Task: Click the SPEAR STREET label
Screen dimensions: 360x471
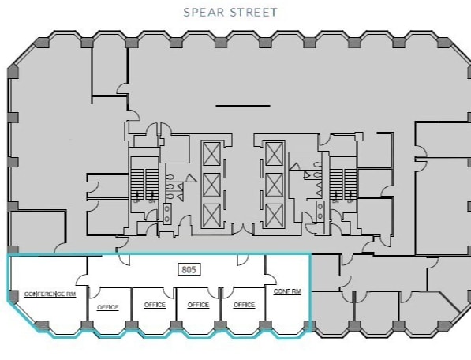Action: click(x=231, y=13)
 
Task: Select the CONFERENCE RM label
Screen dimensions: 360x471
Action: click(x=50, y=294)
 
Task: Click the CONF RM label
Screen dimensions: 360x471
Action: click(x=286, y=291)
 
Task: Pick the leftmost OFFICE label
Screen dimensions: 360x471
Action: click(x=107, y=306)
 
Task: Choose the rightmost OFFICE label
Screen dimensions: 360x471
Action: click(x=245, y=305)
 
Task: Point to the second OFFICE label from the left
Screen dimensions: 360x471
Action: click(x=153, y=305)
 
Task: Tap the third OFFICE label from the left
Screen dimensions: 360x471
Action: click(x=199, y=305)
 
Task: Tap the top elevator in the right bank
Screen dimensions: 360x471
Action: click(x=274, y=152)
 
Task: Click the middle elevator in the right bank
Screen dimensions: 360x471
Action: click(x=274, y=183)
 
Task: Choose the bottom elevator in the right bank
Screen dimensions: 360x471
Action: click(x=274, y=214)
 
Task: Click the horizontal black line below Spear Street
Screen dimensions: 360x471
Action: click(x=237, y=104)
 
